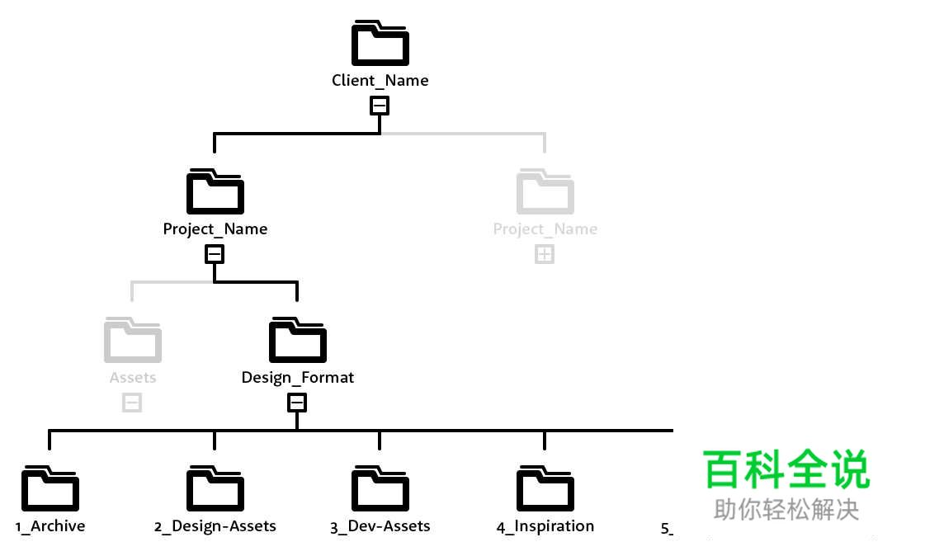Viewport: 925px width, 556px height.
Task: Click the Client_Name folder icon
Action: tap(380, 45)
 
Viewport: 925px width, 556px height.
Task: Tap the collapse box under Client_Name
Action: tap(380, 106)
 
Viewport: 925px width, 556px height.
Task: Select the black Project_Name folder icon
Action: tap(215, 192)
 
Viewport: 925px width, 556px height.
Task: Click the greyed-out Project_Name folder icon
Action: tap(545, 192)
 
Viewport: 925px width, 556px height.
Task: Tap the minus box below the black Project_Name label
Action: tap(215, 254)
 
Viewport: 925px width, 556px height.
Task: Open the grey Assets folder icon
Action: tap(132, 341)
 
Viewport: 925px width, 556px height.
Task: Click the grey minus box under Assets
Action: tap(132, 403)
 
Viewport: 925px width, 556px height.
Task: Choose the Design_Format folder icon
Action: tap(297, 341)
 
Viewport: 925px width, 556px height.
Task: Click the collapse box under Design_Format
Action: tap(297, 403)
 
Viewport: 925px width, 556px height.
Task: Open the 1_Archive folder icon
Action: tap(50, 489)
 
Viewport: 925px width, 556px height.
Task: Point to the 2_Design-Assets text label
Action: tap(215, 526)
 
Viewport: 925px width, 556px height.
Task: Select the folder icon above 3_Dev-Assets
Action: tap(380, 489)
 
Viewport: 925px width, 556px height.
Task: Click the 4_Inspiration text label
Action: tap(545, 526)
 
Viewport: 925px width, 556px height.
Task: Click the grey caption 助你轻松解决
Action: tap(786, 510)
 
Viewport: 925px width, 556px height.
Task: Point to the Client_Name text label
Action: tap(380, 81)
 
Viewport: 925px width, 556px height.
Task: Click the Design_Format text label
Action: tap(297, 378)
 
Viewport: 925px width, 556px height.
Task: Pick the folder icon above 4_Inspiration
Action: tap(545, 489)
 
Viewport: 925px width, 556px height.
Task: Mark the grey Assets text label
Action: tap(132, 378)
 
